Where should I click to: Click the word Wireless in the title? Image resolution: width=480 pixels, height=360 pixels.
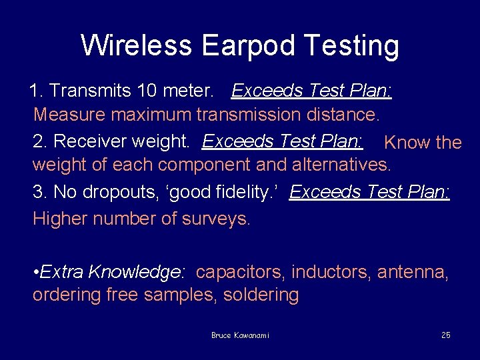tap(136, 45)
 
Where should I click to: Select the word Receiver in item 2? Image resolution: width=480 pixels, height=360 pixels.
tap(90, 141)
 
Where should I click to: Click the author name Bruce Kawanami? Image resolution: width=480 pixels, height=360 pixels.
tap(240, 335)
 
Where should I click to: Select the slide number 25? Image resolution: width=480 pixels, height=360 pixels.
tap(445, 335)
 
